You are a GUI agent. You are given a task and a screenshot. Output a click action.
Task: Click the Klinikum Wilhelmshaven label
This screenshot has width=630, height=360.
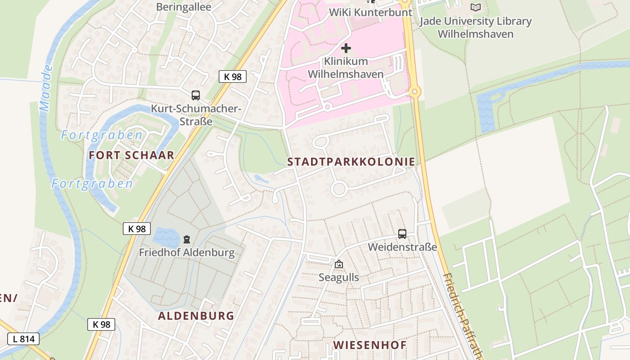point(346,67)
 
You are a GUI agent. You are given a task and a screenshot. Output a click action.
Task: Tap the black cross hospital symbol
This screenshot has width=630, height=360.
point(346,48)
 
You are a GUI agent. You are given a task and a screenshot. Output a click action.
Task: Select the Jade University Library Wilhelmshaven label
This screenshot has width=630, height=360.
point(476,27)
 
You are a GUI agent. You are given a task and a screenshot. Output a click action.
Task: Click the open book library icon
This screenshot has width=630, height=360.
point(476,7)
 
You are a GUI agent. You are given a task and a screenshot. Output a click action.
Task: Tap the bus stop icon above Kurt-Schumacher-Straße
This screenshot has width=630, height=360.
point(196,95)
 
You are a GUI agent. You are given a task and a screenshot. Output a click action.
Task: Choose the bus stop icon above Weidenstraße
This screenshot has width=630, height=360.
point(402,234)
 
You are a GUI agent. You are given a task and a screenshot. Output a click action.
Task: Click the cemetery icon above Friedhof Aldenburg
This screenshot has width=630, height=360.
point(187,239)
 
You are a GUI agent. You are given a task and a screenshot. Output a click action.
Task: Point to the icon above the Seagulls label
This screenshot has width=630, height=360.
point(339,264)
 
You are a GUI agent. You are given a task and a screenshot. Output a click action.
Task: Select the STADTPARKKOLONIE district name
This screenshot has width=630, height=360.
point(351,162)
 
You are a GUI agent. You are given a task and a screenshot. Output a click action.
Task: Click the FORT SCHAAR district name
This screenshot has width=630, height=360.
point(131,155)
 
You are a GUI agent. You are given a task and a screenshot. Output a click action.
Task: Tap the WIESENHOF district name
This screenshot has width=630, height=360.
point(369,345)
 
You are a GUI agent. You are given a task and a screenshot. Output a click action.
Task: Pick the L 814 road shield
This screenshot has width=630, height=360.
point(23,339)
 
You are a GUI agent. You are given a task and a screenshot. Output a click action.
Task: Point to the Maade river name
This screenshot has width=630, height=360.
point(46,88)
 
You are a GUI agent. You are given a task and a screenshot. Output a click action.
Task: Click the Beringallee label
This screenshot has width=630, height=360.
point(184,7)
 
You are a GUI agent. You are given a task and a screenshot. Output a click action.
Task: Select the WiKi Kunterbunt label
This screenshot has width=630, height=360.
point(371,12)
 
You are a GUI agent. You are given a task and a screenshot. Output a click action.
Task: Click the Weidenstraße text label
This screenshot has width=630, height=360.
point(402,247)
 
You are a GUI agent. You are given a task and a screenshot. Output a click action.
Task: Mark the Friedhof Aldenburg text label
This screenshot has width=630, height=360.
point(187,252)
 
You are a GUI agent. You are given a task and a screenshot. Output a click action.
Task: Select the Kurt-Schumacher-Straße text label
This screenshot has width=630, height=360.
point(196,115)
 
